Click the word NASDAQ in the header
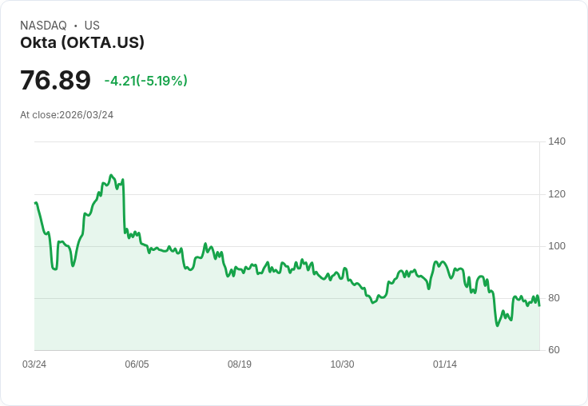click(x=43, y=26)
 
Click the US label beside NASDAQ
click(x=92, y=26)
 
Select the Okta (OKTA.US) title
click(x=82, y=43)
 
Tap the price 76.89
click(x=55, y=80)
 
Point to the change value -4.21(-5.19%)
click(x=145, y=81)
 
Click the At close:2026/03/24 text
click(x=66, y=115)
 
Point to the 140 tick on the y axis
click(x=557, y=141)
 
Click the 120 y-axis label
click(x=557, y=194)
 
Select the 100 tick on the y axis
click(x=557, y=246)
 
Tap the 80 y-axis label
click(x=554, y=298)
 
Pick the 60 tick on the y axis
click(x=554, y=350)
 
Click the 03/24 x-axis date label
click(x=34, y=364)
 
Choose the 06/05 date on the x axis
click(x=137, y=364)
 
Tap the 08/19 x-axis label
click(x=240, y=364)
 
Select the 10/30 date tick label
click(x=342, y=364)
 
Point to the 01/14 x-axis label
click(x=445, y=364)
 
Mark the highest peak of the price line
click(x=111, y=175)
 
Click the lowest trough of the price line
click(x=497, y=325)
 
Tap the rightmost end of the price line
click(x=539, y=305)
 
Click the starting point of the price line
click(x=35, y=203)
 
